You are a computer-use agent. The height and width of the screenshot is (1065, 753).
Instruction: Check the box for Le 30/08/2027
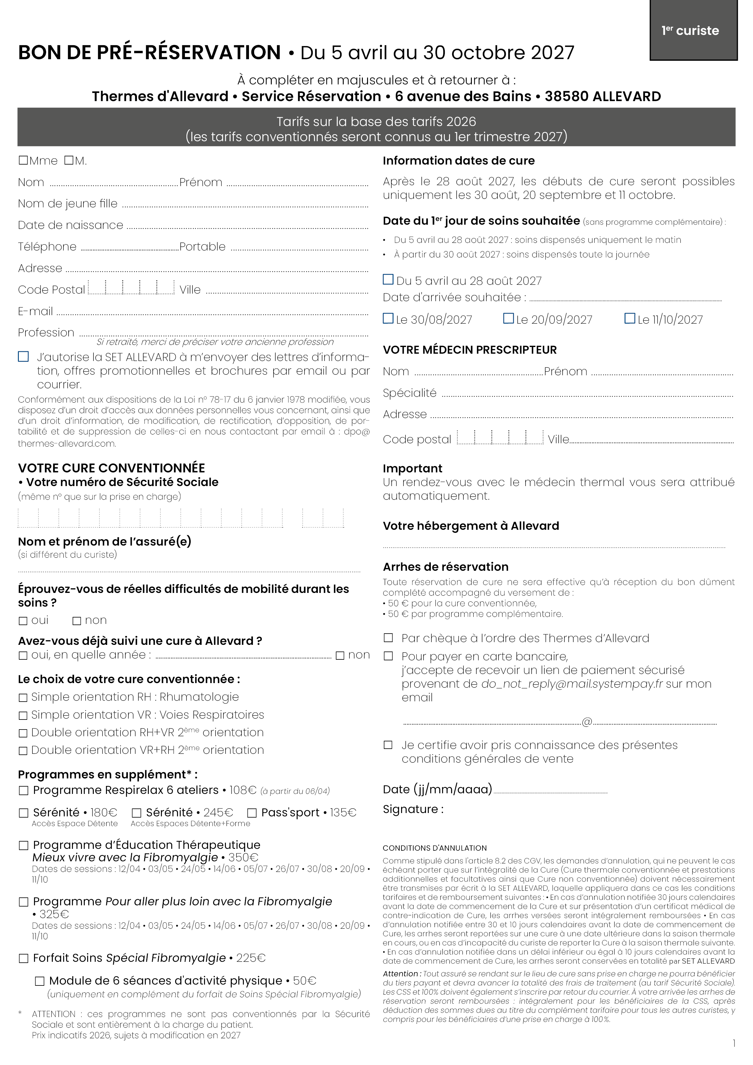[388, 319]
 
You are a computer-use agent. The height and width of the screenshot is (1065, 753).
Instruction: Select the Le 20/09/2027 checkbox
[509, 319]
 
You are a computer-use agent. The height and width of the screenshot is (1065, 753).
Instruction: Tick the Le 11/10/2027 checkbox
[630, 319]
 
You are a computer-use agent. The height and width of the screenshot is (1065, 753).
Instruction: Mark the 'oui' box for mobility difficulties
[23, 621]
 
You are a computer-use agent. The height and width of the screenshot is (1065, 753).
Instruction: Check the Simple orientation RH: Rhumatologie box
[23, 698]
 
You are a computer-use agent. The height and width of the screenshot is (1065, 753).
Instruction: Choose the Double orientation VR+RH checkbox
[23, 750]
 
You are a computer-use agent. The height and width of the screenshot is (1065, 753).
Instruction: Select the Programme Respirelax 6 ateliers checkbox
[23, 790]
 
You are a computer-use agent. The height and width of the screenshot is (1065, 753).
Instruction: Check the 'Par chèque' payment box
[388, 638]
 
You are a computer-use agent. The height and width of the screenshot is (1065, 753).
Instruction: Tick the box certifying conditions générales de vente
[388, 745]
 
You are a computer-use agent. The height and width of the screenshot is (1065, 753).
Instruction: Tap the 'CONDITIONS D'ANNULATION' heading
[434, 848]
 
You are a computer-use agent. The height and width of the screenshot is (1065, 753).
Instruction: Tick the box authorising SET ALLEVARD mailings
[23, 357]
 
